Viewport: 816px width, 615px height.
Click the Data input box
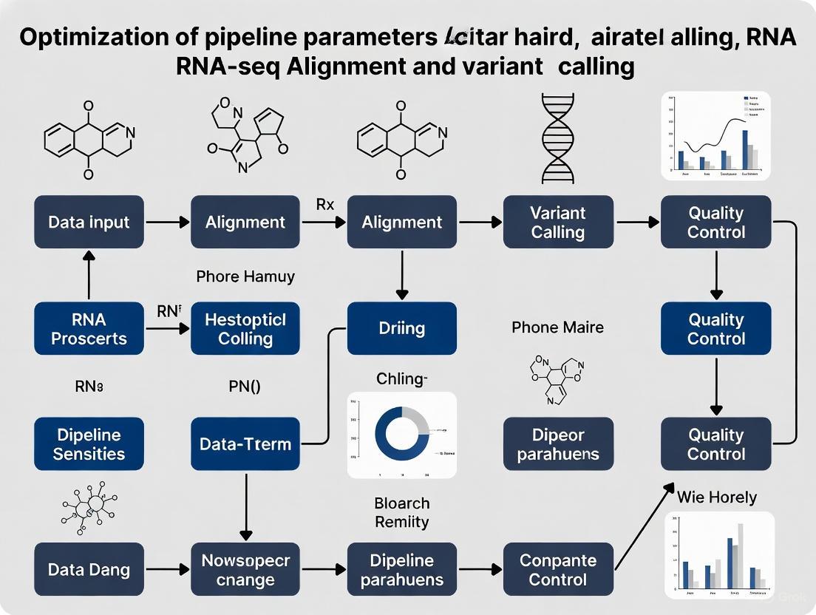click(89, 222)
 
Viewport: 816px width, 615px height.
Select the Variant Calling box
click(558, 222)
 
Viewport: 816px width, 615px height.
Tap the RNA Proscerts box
click(89, 329)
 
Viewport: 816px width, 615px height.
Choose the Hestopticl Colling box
click(245, 329)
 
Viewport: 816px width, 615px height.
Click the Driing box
click(401, 329)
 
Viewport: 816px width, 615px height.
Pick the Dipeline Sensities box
click(89, 444)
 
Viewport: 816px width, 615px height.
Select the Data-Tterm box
click(245, 444)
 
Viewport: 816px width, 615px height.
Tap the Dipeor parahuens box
click(558, 444)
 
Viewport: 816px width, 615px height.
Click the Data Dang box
click(89, 570)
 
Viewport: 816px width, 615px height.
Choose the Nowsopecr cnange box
click(245, 570)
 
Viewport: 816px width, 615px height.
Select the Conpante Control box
click(558, 570)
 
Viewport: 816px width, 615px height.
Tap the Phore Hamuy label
click(245, 276)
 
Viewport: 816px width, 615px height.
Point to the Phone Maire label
click(557, 327)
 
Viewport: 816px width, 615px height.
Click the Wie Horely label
click(717, 497)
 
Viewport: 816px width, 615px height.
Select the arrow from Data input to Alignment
click(167, 222)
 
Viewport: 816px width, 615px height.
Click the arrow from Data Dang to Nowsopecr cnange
click(167, 570)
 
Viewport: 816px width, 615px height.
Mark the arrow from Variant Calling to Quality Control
click(636, 222)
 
